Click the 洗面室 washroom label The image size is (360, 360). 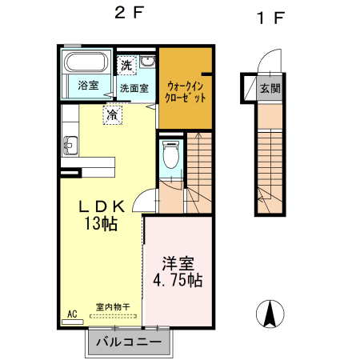134,87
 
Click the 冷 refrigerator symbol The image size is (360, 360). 113,114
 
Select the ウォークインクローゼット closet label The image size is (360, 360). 185,90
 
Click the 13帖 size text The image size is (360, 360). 102,223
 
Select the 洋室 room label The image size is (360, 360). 178,263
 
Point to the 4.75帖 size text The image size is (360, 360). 178,281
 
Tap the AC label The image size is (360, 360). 71,315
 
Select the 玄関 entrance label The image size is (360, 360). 270,89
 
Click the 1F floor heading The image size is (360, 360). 270,17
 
